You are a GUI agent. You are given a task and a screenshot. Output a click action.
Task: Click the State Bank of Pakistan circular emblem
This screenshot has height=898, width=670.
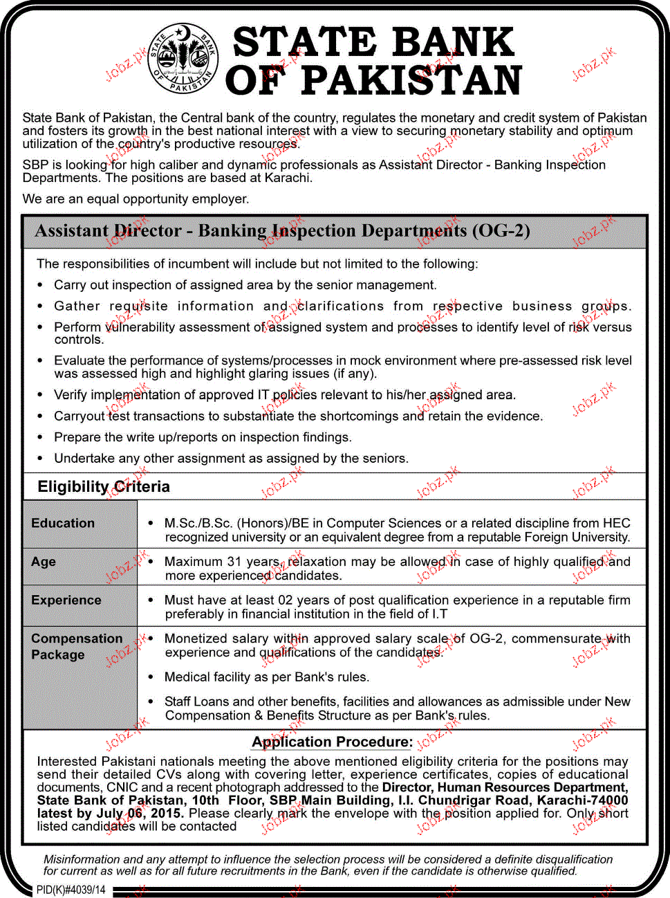coord(183,59)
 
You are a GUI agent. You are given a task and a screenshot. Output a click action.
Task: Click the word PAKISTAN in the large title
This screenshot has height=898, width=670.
coord(411,81)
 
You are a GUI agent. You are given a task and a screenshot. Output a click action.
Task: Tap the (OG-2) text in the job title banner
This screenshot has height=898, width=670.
coord(501,231)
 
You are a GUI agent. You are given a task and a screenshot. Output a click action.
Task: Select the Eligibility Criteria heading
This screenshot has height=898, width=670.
coord(104,486)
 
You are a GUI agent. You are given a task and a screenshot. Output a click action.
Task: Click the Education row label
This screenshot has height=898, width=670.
coord(63,524)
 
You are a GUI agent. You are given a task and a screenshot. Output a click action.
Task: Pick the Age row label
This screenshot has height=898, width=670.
coord(44,562)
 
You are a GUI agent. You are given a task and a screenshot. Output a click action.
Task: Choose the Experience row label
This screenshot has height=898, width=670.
coord(66,601)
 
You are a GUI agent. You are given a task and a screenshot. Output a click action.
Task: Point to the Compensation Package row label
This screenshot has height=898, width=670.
coord(76,646)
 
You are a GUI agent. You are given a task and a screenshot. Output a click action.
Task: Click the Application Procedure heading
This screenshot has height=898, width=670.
coord(332,742)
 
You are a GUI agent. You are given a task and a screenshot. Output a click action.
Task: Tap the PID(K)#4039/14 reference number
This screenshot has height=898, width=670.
coord(71,890)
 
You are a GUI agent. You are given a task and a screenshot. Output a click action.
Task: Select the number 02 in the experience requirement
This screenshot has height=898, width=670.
coord(285,601)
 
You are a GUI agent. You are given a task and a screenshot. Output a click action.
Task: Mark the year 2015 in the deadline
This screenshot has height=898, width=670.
coord(167,814)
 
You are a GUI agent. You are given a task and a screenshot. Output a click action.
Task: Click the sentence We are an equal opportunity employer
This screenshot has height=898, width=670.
coord(136,199)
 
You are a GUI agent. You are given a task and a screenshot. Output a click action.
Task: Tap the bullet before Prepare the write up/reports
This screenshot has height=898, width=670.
coord(40,437)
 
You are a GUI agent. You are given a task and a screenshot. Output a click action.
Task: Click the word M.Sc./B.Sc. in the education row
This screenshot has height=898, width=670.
coord(197,524)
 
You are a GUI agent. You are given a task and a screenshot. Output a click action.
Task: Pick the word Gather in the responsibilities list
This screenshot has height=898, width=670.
coord(77,306)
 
